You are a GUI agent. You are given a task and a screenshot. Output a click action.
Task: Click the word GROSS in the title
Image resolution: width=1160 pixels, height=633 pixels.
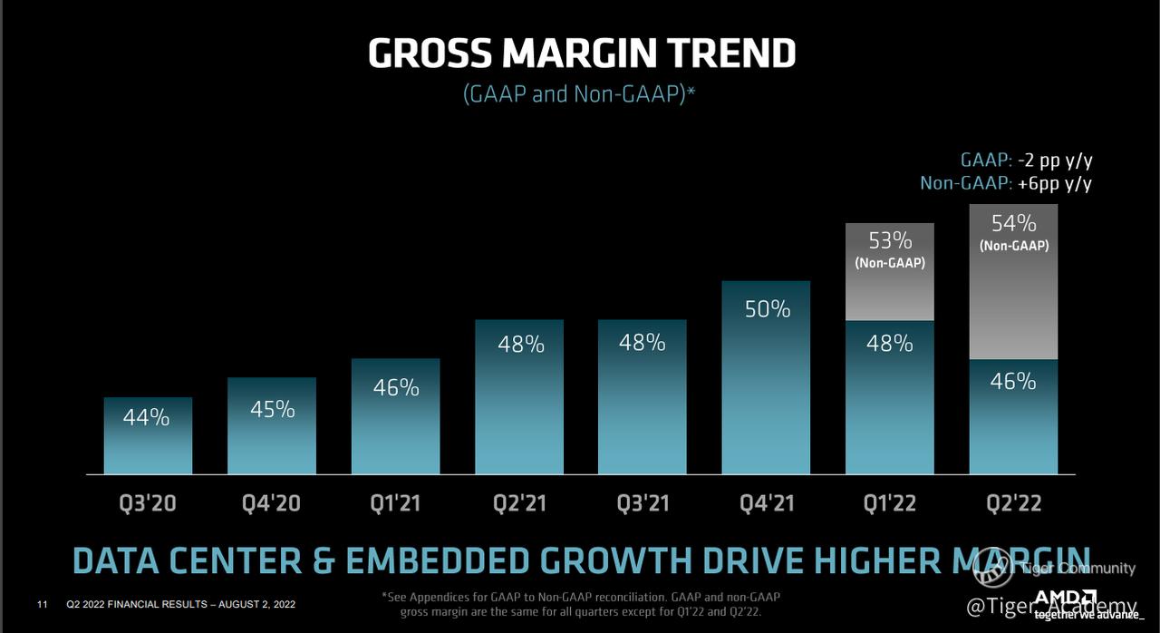(429, 54)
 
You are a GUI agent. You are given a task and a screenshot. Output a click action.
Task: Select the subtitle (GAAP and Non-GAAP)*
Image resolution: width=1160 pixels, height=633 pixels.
(579, 93)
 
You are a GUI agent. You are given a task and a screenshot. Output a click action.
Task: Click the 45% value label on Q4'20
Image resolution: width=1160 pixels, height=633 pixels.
(273, 410)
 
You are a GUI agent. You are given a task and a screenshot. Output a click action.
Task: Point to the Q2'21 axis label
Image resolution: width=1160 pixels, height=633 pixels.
(520, 503)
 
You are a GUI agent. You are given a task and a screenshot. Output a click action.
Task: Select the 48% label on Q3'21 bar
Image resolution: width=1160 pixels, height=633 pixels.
(643, 343)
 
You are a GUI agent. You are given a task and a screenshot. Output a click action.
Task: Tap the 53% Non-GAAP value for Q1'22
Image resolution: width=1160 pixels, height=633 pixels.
(890, 240)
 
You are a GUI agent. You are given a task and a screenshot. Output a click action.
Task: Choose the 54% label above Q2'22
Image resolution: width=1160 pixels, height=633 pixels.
(1013, 223)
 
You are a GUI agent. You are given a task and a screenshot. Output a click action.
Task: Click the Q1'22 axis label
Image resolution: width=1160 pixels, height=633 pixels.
(890, 503)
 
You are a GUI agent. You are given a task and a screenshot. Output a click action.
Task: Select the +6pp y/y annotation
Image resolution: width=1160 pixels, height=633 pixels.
(1054, 183)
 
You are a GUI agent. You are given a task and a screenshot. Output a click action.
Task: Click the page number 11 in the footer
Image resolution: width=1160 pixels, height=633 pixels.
(42, 604)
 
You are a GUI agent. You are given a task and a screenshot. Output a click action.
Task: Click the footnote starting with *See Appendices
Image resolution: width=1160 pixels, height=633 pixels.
(581, 604)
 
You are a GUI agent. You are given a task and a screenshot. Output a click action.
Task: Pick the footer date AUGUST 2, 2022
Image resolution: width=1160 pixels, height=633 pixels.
(253, 604)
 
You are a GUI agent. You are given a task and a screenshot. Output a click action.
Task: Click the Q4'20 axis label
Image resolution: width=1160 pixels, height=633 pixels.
(273, 503)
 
